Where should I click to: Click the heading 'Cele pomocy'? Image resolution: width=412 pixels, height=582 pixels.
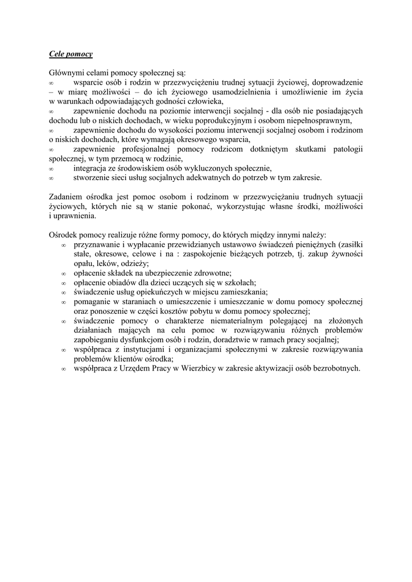coord(71,54)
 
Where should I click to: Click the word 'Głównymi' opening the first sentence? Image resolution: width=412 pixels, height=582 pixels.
coord(65,73)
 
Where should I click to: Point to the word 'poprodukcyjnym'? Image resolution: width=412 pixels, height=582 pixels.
coord(212,120)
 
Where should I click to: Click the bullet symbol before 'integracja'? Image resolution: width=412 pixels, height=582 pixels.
coord(51,168)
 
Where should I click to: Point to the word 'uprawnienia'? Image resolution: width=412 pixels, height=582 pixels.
coord(75,216)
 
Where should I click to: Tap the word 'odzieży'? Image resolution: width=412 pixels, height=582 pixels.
coord(134,263)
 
